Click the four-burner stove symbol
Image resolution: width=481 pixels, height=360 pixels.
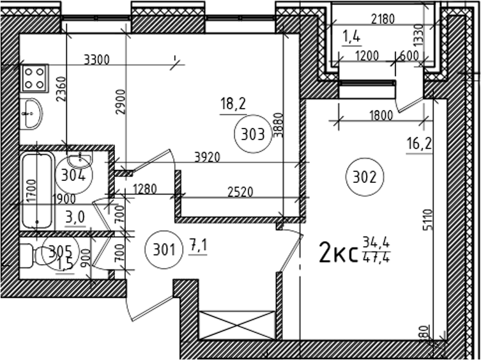click(35, 78)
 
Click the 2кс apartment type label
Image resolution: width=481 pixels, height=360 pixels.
click(337, 252)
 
